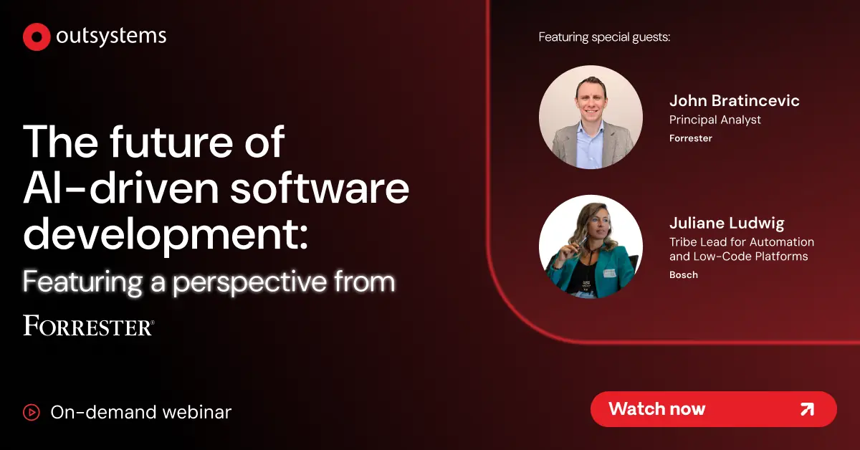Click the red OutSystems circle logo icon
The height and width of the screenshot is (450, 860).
coord(36,37)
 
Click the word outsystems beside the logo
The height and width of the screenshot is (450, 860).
coord(110,37)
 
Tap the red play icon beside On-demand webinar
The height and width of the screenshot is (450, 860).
coord(32,412)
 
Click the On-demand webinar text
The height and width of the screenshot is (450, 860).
coord(141,412)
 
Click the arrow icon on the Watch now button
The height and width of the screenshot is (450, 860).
coord(806,409)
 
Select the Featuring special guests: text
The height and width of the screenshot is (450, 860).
coord(604,37)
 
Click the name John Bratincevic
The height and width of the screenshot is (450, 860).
coord(734,100)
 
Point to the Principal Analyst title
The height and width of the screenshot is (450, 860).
coord(715,120)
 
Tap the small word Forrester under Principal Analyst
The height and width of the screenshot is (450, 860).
coord(690,138)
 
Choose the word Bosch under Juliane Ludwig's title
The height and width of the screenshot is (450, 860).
coord(683,275)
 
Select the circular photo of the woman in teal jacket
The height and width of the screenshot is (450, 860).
coord(591,246)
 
